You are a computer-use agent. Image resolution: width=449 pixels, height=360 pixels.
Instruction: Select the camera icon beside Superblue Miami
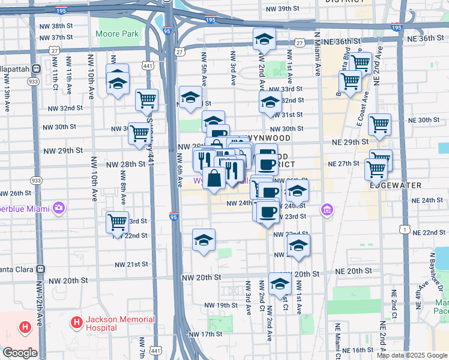click(x=59, y=208)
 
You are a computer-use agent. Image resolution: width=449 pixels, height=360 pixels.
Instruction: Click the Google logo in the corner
click(x=19, y=353)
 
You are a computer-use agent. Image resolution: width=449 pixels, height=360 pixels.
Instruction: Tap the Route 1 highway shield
click(x=406, y=230)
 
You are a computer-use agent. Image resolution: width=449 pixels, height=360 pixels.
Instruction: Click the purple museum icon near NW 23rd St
click(x=327, y=210)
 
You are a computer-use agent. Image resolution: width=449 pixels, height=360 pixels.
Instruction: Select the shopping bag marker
click(x=214, y=178)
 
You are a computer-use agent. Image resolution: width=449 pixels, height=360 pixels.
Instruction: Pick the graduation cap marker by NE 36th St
click(x=264, y=40)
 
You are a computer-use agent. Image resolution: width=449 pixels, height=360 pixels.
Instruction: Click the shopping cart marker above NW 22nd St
click(x=118, y=222)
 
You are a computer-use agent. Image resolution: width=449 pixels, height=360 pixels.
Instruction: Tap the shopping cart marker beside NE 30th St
click(x=379, y=124)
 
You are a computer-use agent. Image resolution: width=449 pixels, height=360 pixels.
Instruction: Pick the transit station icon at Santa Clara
click(x=40, y=270)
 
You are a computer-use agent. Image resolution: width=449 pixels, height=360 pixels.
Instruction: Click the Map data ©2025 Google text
click(x=412, y=355)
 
